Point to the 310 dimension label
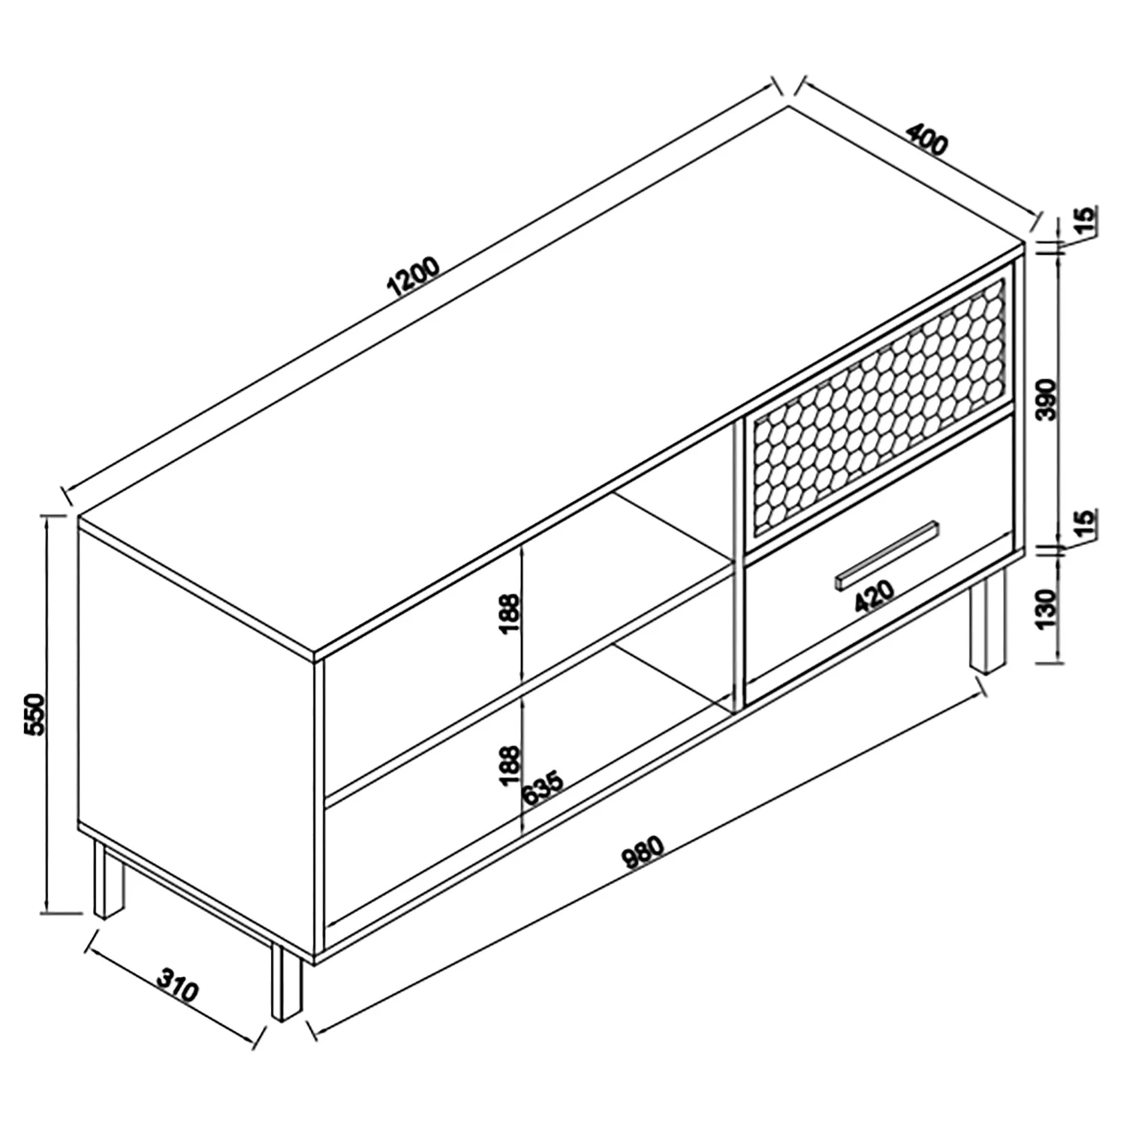pyautogui.click(x=177, y=987)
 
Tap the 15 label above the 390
pyautogui.click(x=1086, y=220)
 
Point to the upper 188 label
pyautogui.click(x=509, y=614)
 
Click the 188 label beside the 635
pyautogui.click(x=509, y=766)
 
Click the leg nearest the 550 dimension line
pyautogui.click(x=109, y=879)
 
